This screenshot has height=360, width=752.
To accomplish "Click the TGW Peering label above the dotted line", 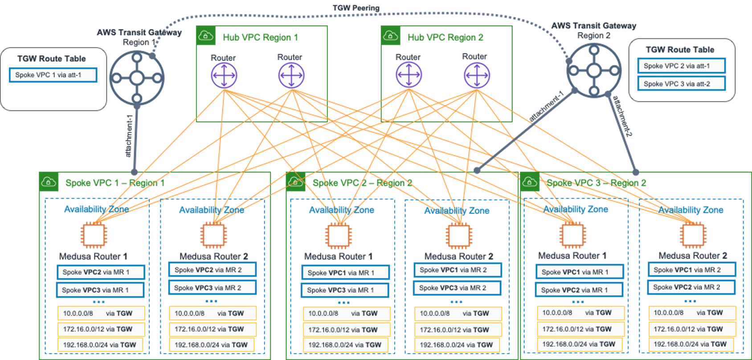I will (x=356, y=8).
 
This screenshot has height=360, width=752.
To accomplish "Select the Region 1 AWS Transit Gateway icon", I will (x=137, y=78).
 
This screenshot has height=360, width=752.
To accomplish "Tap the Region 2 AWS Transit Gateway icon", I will (x=594, y=70).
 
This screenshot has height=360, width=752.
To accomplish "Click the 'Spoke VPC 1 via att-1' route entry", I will (x=53, y=75).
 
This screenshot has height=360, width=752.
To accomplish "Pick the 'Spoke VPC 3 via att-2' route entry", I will (x=681, y=84).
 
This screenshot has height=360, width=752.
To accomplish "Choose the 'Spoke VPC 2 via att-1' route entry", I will (x=681, y=66).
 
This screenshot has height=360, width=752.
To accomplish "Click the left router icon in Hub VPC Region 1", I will (x=224, y=75).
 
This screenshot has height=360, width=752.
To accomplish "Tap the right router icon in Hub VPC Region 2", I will (x=476, y=75).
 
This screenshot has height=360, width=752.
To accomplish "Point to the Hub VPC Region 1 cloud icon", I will (x=206, y=35).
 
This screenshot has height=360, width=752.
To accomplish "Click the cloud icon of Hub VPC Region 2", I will (x=391, y=35).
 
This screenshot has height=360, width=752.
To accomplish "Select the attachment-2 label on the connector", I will (x=622, y=115).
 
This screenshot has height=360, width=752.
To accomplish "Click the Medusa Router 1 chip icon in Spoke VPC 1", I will (x=94, y=235).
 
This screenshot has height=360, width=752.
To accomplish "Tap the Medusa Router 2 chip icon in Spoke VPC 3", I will (x=693, y=235).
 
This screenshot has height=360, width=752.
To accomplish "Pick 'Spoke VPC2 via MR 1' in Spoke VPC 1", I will (x=101, y=272).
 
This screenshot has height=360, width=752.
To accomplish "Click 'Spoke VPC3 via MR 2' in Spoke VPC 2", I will (x=457, y=288).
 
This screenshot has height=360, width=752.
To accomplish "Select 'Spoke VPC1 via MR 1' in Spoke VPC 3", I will (x=579, y=272).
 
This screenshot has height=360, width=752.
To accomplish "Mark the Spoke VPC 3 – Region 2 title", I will (x=596, y=183).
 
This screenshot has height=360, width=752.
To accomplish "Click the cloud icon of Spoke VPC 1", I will (x=49, y=182).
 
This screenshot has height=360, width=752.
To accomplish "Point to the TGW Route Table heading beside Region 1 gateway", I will (x=51, y=58).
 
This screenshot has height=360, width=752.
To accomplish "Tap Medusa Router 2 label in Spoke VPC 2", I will (x=458, y=256).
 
